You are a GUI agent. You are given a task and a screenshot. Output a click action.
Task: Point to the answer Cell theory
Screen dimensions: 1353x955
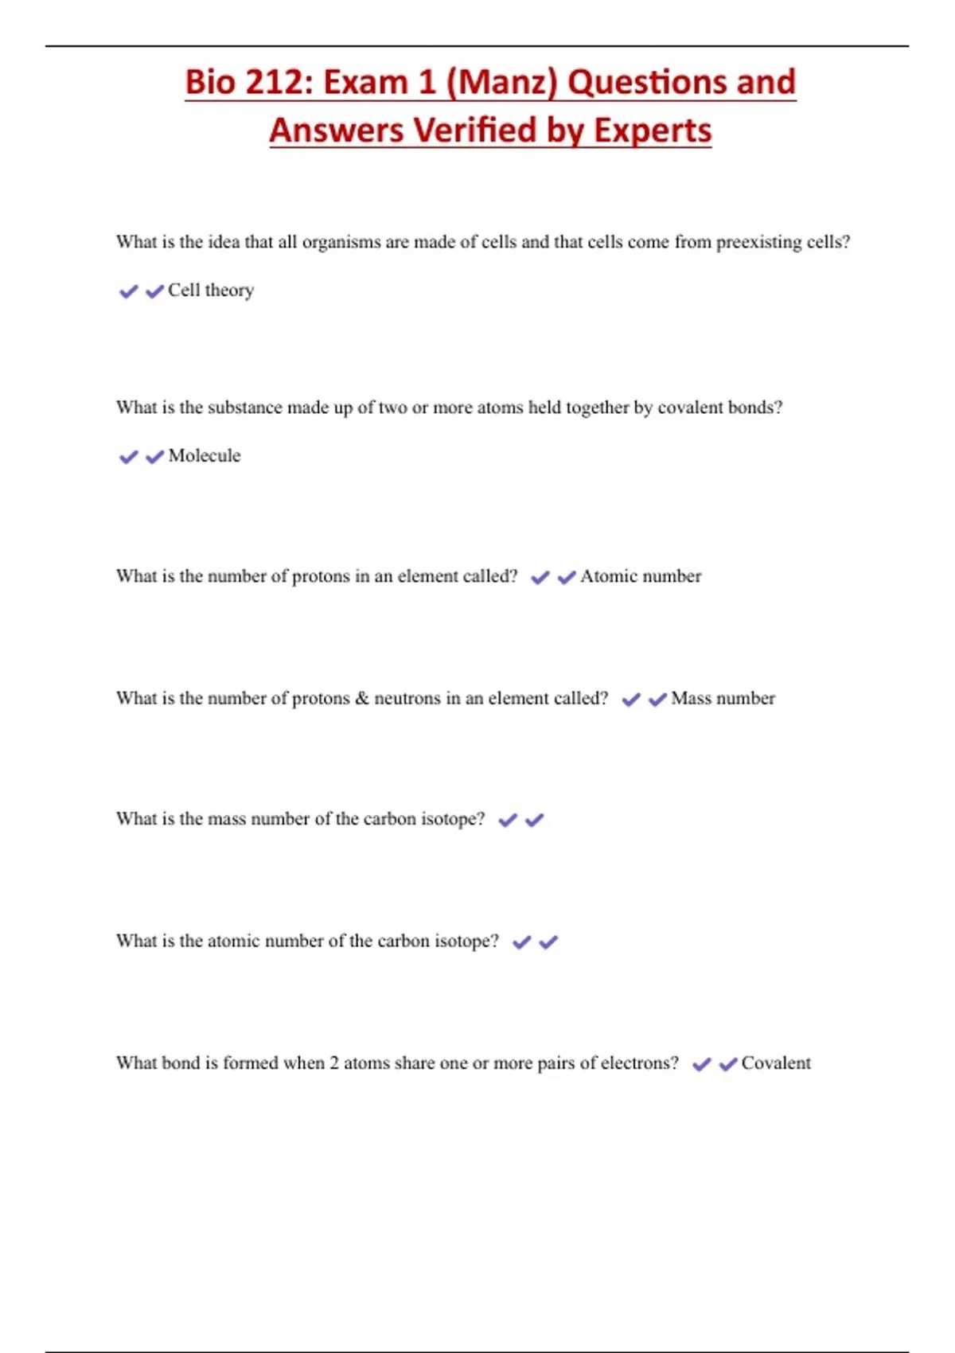coord(211,290)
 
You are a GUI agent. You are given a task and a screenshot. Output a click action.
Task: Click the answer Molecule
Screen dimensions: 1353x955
coord(205,456)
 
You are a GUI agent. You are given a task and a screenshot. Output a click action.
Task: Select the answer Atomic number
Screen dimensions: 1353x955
coord(641,576)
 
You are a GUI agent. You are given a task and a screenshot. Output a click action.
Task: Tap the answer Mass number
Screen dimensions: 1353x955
coord(723,699)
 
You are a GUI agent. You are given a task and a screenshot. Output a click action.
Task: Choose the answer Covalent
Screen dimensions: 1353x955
coord(776,1063)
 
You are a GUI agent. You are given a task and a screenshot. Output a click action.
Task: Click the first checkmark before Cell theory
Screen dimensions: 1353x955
coord(128,291)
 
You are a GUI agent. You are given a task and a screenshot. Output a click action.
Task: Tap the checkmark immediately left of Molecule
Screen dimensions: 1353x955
coord(154,457)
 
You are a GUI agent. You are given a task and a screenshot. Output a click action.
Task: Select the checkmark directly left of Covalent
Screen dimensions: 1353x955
coord(727,1064)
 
